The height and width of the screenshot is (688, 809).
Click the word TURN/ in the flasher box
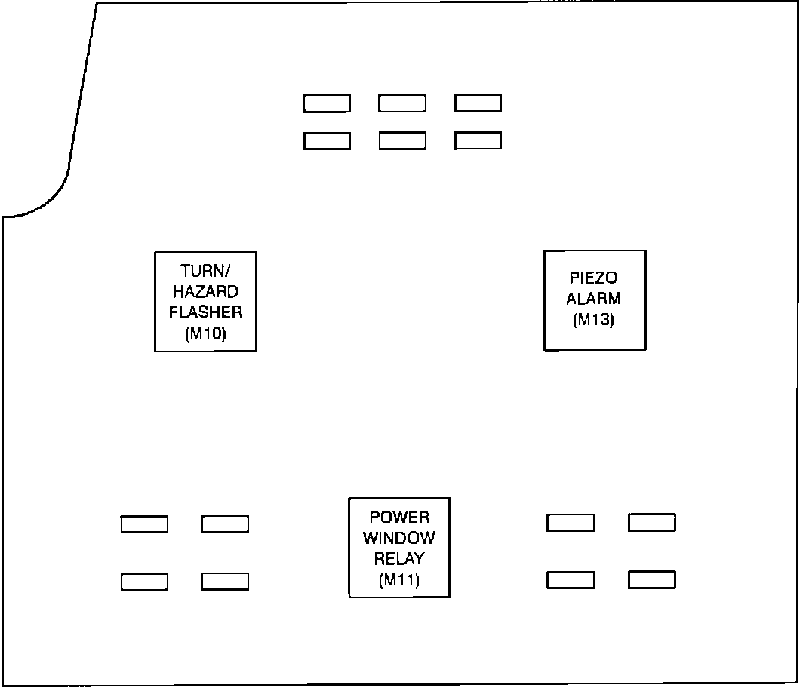coord(205,271)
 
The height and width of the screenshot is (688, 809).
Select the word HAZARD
coord(205,292)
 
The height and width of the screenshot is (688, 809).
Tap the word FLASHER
coord(205,312)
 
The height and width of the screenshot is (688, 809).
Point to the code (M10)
coord(205,333)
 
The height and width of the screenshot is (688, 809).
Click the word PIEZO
coord(594,278)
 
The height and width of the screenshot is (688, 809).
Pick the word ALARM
coord(594,299)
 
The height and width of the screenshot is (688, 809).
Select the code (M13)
coord(594,320)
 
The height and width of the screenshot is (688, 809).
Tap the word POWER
coord(399,518)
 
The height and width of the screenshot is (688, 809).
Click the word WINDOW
coord(399,539)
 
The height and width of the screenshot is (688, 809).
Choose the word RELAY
coord(399,559)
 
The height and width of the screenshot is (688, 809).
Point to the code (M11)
coord(399,580)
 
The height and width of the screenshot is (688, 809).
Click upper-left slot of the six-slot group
coord(327,103)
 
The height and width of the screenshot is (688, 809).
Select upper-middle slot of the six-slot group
coord(402,103)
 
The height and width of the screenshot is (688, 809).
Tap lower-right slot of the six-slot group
coord(478,140)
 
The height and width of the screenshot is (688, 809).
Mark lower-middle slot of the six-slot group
coord(402,140)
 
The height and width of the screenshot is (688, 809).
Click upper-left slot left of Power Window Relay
coord(144,524)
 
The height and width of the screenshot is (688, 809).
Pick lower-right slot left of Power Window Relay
coord(225,582)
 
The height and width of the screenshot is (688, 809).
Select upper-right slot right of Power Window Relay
coord(652,522)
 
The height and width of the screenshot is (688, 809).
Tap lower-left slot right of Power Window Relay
coord(571,580)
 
